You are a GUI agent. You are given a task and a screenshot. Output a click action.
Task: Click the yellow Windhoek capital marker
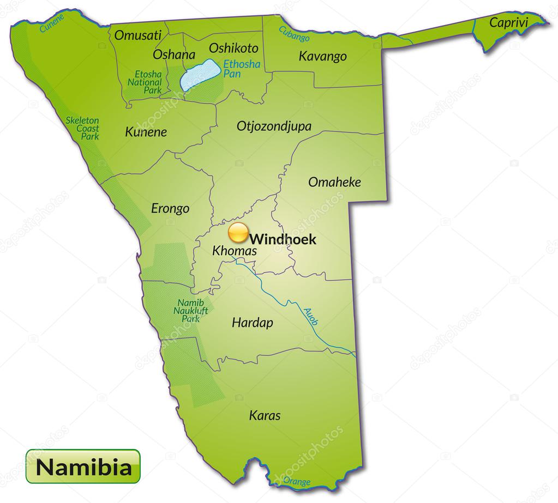pos(238,233)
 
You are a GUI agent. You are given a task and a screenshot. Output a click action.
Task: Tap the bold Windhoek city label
pos(283,239)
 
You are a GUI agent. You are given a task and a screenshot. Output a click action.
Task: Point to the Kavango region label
pos(322,56)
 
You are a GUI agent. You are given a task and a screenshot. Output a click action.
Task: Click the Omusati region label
pos(138,35)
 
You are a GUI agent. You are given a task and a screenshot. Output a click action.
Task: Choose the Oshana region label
pos(173,54)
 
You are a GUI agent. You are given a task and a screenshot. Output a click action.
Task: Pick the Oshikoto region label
pos(233,48)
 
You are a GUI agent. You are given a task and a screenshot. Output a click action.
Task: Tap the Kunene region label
pos(146,132)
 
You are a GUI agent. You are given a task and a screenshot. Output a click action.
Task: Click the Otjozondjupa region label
pos(274,126)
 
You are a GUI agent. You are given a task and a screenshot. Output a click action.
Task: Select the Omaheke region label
pos(334,182)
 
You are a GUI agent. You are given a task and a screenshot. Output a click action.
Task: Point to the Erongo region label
pos(170,208)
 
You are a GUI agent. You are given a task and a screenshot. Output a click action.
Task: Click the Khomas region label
pos(234,251)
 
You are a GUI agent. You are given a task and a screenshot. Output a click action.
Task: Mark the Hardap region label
pos(253,322)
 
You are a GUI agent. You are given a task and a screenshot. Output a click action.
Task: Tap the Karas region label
pos(265,416)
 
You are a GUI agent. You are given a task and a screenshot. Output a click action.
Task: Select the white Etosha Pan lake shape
pos(201,76)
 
